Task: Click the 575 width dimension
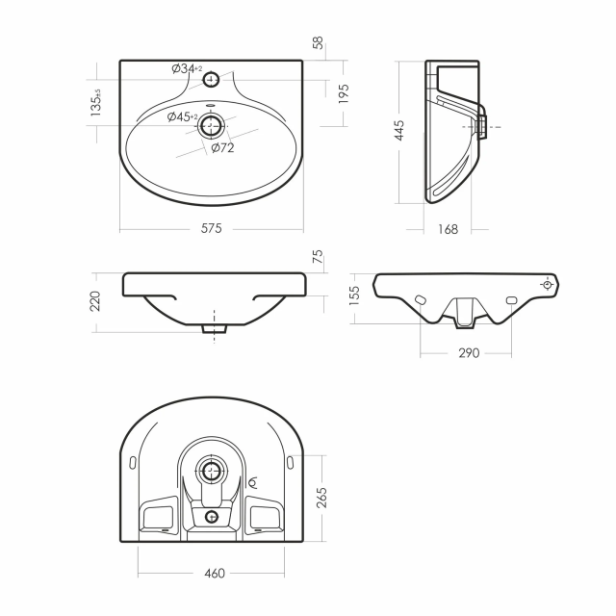[212, 228]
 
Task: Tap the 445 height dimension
[398, 131]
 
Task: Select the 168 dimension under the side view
[448, 229]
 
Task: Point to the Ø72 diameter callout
[222, 148]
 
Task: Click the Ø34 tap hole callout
[187, 68]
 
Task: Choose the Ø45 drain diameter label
[182, 116]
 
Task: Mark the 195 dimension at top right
[344, 93]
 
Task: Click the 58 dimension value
[319, 42]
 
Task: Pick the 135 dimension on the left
[95, 103]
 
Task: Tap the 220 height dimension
[95, 301]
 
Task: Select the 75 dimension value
[319, 256]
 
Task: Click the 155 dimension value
[354, 295]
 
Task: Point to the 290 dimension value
[469, 353]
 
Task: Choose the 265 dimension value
[321, 498]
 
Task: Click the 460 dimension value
[215, 574]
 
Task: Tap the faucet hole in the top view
[211, 80]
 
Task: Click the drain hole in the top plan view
[211, 125]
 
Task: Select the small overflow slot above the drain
[211, 105]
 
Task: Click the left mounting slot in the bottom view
[133, 462]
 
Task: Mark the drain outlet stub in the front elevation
[214, 329]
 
